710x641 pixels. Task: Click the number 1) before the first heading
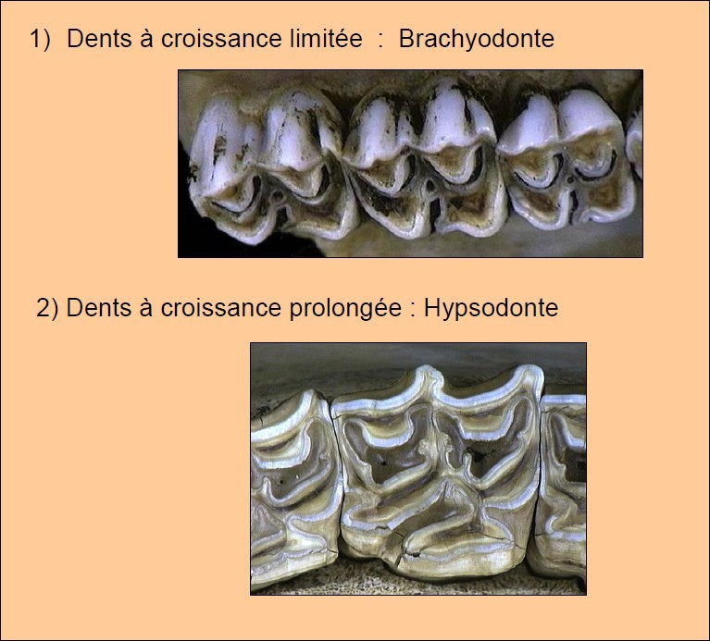40,40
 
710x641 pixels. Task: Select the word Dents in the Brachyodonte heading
97,40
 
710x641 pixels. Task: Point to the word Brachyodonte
477,40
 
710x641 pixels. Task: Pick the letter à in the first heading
143,40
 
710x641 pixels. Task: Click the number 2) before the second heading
47,308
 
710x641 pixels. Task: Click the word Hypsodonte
491,308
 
